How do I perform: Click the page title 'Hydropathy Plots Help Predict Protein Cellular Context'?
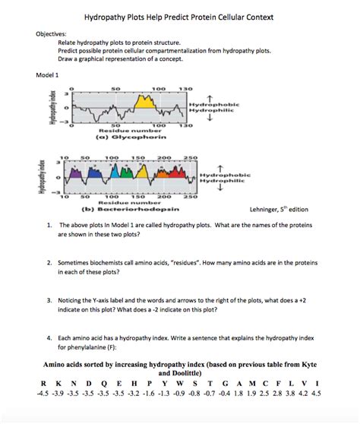[179, 17]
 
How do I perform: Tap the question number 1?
[49, 226]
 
